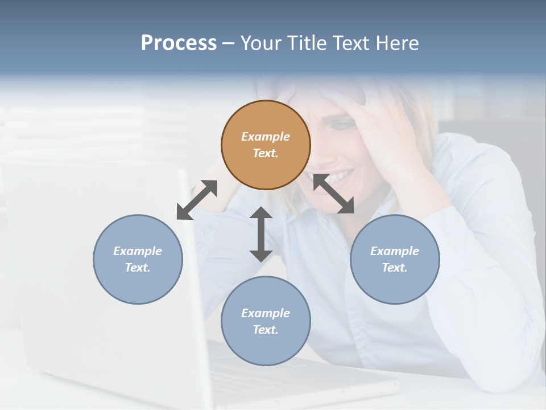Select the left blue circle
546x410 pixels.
(138, 259)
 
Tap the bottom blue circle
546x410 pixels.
(266, 321)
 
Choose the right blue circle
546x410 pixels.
(395, 259)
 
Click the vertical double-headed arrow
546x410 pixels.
(261, 234)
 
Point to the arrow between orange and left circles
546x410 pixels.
(197, 200)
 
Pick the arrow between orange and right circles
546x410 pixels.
(333, 194)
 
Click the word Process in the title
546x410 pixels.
(179, 43)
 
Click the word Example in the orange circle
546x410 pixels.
(266, 137)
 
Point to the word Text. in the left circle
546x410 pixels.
(138, 268)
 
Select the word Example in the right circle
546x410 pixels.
(395, 251)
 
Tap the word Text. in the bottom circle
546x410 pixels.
(266, 330)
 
